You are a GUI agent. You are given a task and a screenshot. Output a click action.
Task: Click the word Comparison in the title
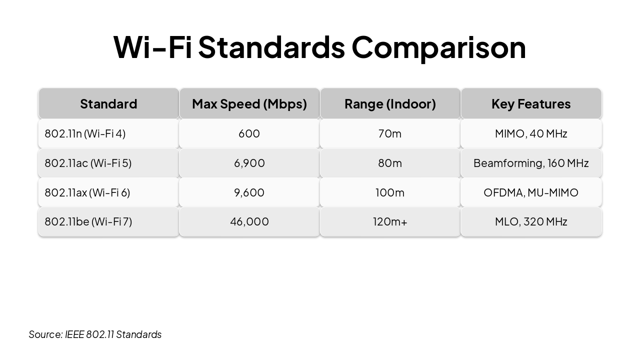[438, 47]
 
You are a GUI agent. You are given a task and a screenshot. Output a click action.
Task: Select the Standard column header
[108, 104]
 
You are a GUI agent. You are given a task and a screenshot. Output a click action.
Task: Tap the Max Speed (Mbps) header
[249, 104]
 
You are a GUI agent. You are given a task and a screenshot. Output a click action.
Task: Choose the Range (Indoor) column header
[390, 104]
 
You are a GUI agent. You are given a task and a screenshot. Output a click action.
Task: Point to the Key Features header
[531, 104]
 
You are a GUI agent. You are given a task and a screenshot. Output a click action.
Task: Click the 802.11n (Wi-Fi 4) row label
[85, 133]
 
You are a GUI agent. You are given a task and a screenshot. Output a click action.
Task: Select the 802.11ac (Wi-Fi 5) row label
[88, 163]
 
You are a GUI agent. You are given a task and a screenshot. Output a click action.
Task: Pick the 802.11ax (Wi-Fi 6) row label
[87, 192]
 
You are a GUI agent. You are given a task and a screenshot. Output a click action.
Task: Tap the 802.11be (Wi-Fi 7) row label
[88, 221]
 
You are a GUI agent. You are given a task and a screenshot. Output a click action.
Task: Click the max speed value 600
[249, 133]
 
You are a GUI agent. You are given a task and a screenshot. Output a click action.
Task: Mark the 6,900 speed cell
[249, 163]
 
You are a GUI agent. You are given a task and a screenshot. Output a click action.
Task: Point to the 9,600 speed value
[249, 192]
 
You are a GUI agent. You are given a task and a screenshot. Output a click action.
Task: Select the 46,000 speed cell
[249, 221]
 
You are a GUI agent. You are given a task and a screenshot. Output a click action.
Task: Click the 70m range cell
[390, 133]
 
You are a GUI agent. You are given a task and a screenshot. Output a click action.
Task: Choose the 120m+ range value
[390, 221]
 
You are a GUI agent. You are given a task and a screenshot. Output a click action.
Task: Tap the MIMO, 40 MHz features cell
[531, 133]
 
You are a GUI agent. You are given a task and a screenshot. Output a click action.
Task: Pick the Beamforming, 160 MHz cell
[531, 163]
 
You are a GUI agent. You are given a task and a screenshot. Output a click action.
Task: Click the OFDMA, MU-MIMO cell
[531, 192]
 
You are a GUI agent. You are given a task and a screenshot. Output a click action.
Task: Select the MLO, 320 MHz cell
[531, 221]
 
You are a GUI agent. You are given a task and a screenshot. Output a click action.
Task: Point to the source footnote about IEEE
[95, 334]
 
